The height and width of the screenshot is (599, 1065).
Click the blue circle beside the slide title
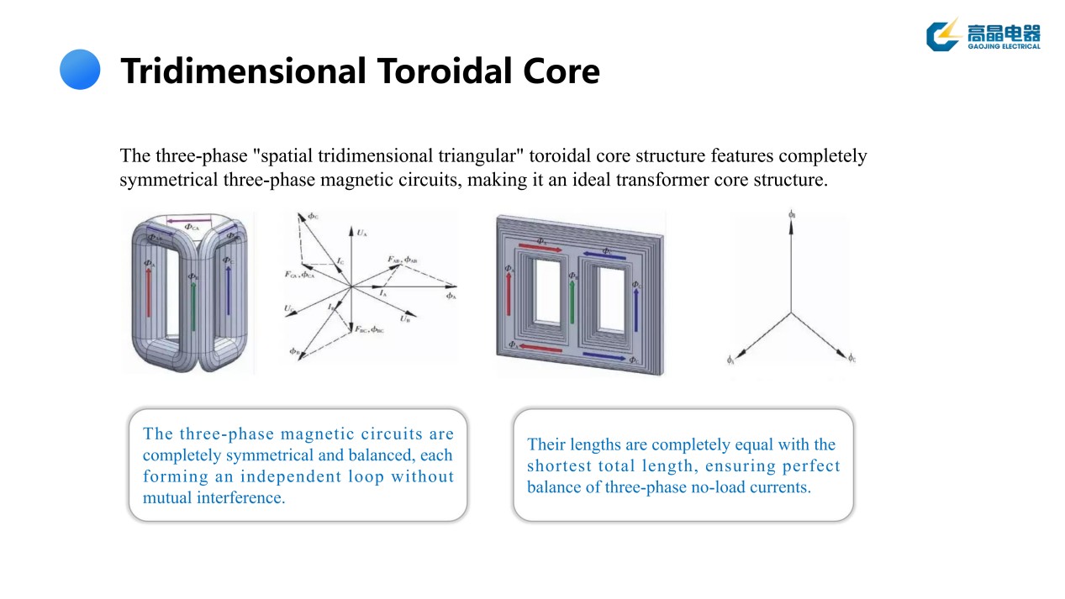[80, 70]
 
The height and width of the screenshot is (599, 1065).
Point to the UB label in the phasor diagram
[406, 318]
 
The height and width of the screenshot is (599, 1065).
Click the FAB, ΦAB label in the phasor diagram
[404, 260]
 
